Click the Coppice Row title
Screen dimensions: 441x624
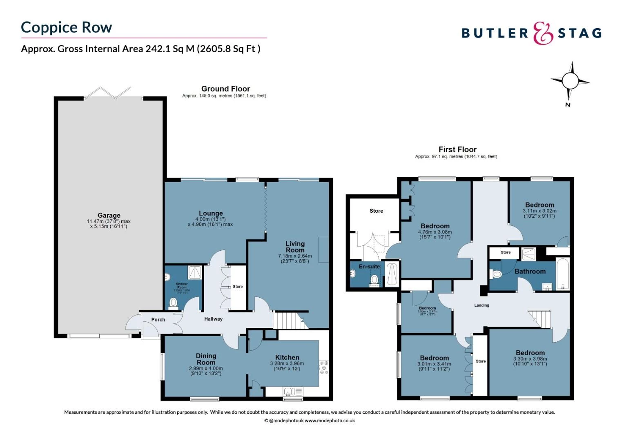[66, 27]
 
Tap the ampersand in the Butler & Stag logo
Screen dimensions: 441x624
[543, 33]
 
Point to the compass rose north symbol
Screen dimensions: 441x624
[570, 81]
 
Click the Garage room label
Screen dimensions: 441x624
[109, 215]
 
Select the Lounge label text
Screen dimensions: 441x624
[211, 213]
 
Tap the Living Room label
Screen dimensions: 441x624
[295, 247]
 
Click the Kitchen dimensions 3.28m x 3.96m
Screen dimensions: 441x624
[287, 363]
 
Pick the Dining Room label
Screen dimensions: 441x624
[206, 359]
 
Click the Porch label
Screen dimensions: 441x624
[158, 320]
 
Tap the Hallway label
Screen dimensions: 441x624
[213, 319]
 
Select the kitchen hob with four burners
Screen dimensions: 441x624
[324, 367]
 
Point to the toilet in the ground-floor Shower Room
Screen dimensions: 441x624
[173, 303]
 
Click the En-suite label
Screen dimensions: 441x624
[369, 267]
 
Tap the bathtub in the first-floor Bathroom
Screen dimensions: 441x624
[563, 274]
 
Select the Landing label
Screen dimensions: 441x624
[481, 305]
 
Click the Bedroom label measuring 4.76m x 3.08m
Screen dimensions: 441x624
[435, 226]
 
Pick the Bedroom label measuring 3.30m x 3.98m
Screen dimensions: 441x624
[530, 353]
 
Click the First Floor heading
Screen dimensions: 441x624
[457, 149]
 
